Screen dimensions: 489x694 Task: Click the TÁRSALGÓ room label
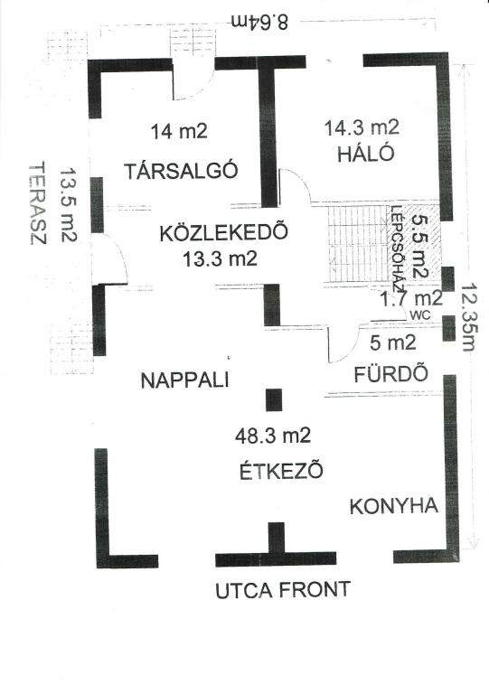point(181,170)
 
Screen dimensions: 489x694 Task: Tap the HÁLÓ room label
point(365,154)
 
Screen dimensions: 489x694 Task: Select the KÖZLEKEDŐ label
point(223,232)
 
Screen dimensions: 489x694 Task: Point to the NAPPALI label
point(184,380)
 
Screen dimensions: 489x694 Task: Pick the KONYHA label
point(393,506)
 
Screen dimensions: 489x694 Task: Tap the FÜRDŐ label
point(391,374)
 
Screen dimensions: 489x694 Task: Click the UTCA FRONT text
point(283,589)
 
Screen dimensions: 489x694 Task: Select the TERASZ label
point(38,203)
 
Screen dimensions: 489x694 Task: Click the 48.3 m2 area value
point(273,436)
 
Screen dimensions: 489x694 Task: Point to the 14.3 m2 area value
point(362,128)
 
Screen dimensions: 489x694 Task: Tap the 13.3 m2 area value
point(220,259)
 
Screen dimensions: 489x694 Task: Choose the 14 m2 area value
point(179,131)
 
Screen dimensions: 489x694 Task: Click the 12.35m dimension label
point(467,317)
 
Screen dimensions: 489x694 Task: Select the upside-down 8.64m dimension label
point(260,22)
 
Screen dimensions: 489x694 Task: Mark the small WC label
point(420,315)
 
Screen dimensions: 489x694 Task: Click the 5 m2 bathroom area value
point(393,342)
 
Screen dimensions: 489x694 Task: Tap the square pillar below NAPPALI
point(274,400)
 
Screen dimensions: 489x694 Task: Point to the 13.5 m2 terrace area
point(68,204)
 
